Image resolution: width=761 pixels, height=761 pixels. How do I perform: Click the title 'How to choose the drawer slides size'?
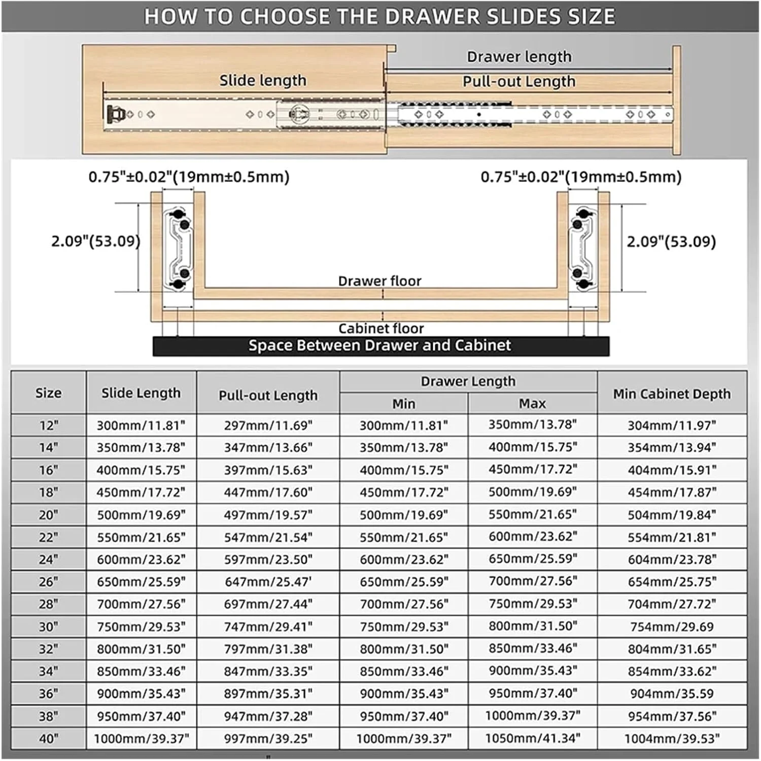pos(379,16)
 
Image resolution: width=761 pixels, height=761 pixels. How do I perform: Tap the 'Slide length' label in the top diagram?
pos(262,80)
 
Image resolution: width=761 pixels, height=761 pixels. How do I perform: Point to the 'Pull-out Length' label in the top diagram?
pos(518,81)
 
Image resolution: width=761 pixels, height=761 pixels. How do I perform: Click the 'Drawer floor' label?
pos(379,281)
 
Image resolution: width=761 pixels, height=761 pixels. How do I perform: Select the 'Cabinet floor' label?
pos(380,328)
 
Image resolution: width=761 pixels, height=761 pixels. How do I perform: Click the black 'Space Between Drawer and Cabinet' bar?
pos(380,345)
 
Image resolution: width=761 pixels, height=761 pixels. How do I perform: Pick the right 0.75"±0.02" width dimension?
pos(581,177)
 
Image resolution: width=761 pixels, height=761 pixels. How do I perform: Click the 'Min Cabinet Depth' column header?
pos(672,393)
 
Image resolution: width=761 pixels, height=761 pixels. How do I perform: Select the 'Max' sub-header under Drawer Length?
pos(532,403)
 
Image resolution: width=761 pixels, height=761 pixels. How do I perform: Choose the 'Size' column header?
pos(48,393)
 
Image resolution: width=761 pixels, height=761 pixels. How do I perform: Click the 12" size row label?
pos(48,425)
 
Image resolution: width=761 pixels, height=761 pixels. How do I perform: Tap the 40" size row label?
pos(48,738)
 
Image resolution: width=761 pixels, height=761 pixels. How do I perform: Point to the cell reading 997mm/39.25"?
pos(268,738)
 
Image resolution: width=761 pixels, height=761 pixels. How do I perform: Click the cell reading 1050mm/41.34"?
pos(532,738)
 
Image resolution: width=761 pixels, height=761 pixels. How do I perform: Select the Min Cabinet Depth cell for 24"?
pos(672,559)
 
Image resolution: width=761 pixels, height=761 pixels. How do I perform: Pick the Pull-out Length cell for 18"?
pos(268,492)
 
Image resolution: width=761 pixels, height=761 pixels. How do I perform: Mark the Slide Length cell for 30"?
pos(141,626)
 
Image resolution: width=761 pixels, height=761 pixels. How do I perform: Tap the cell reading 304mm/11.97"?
pos(672,425)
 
